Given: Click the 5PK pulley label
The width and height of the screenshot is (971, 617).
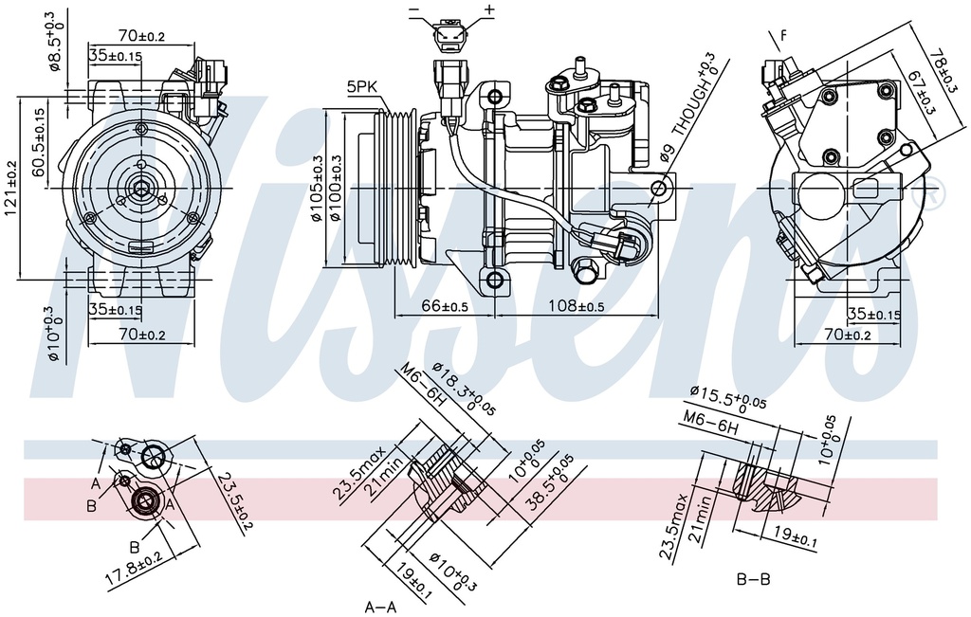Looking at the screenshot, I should (362, 86).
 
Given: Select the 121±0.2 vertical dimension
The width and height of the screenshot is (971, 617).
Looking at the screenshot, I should (10, 188).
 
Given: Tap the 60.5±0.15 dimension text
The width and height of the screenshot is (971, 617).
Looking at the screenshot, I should (39, 142).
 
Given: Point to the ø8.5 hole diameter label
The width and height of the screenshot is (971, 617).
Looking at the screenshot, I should (56, 41).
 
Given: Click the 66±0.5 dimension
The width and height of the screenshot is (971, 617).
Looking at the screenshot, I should (445, 307).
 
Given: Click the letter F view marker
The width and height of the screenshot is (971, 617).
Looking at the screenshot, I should (783, 37).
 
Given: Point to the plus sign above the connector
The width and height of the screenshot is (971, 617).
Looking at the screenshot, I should (489, 9).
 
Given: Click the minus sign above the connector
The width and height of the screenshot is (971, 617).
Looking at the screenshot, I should (414, 9).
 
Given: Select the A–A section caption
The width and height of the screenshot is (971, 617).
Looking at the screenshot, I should (382, 605).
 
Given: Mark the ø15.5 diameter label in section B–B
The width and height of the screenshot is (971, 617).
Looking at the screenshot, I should (728, 395).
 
